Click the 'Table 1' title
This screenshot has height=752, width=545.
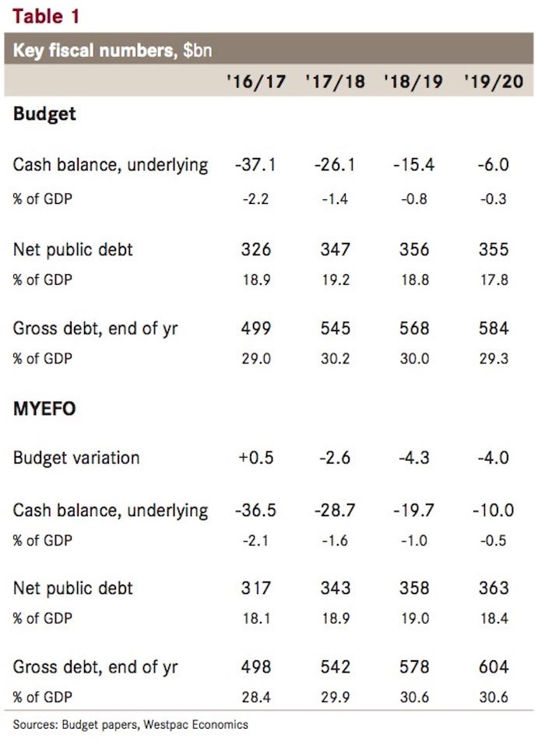click(x=46, y=15)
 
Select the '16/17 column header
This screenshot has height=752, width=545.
click(x=252, y=81)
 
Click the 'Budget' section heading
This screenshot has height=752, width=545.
click(x=44, y=114)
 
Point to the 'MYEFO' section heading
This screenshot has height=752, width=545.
click(x=44, y=409)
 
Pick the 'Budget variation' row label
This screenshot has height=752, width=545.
click(x=76, y=457)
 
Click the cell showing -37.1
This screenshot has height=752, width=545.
click(x=253, y=165)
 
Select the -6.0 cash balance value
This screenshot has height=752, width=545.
click(x=493, y=165)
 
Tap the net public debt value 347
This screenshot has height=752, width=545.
click(x=336, y=249)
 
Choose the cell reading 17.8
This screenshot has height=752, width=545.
click(x=494, y=279)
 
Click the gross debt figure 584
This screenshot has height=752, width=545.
click(x=493, y=329)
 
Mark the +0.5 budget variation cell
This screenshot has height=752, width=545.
click(x=254, y=457)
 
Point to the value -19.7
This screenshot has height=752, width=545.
click(x=413, y=511)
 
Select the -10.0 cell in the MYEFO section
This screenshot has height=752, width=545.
click(x=492, y=511)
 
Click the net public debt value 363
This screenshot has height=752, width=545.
click(x=493, y=589)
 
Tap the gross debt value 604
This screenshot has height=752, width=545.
click(x=493, y=667)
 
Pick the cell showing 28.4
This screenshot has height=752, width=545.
click(x=255, y=697)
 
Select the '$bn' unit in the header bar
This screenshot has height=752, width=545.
click(x=198, y=51)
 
